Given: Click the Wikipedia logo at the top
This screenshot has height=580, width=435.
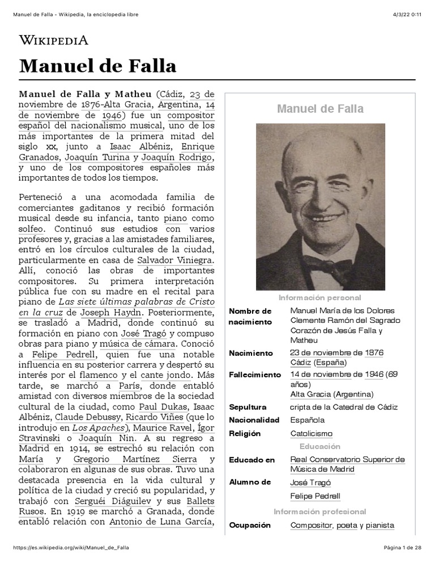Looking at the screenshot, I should [54, 40].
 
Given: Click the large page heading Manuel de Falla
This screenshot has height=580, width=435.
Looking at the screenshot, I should [97, 66].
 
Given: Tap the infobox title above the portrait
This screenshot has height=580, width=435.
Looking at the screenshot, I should [320, 109].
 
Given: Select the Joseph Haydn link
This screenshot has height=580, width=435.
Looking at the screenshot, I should [107, 312].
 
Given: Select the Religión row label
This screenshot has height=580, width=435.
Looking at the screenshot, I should [245, 433].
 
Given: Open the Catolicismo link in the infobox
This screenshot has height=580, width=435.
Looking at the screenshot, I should [311, 433].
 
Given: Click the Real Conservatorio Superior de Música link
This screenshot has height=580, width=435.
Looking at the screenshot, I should [347, 464].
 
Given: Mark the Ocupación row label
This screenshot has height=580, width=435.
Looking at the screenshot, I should [250, 525].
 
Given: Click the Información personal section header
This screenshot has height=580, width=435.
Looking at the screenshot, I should [319, 297].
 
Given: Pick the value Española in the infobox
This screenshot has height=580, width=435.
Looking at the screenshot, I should [307, 420].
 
